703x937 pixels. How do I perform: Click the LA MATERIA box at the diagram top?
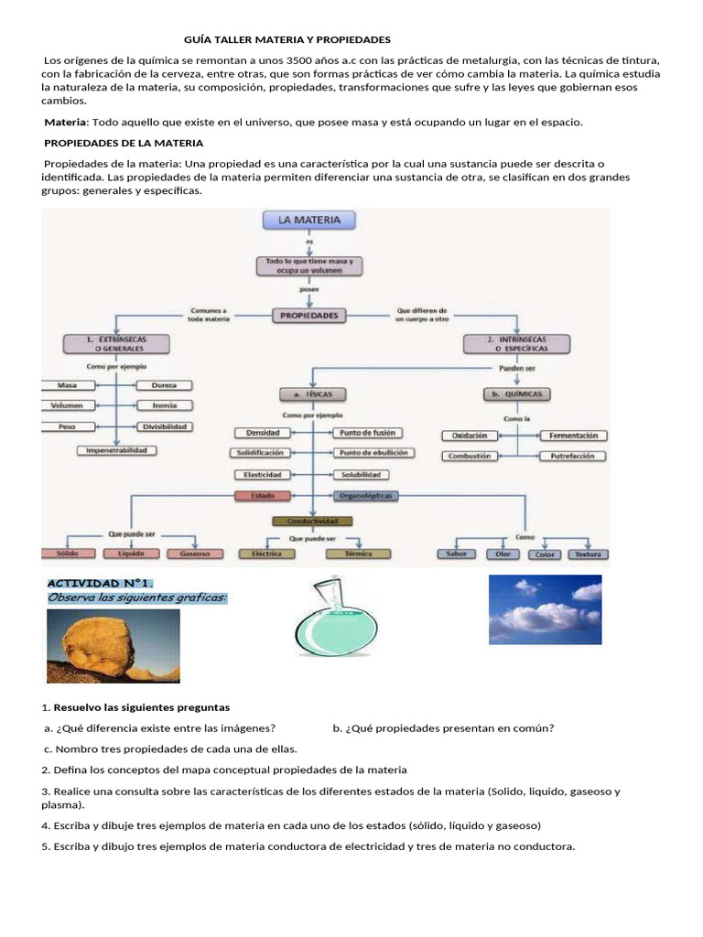[x=309, y=221]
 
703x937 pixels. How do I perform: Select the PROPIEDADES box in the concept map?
[x=309, y=316]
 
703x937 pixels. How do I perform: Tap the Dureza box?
[x=165, y=385]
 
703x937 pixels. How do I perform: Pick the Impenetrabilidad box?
[x=116, y=450]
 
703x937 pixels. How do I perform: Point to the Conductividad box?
[x=312, y=521]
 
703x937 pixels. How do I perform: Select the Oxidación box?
[x=470, y=436]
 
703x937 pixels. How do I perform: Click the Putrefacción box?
[x=571, y=455]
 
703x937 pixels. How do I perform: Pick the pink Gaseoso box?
[x=194, y=554]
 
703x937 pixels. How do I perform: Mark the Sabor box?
[x=457, y=554]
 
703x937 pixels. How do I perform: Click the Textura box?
[x=588, y=554]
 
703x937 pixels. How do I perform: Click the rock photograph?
[x=113, y=646]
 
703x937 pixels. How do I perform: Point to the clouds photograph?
[x=545, y=609]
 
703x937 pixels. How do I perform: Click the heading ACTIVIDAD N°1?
[x=101, y=583]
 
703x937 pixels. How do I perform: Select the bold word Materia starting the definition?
[x=66, y=122]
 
